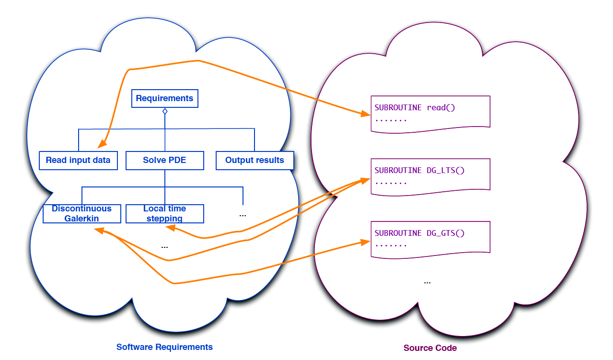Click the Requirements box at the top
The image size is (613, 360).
pos(164,98)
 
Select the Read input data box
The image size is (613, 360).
pos(78,160)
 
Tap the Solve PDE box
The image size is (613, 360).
pos(164,160)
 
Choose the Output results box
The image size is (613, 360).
pos(254,160)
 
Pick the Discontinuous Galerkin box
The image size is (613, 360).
pos(81,213)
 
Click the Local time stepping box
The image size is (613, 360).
pos(164,213)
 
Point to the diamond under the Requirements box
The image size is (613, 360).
pos(165,111)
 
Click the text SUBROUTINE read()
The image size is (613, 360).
pos(415,107)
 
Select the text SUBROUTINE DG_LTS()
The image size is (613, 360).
pos(419,170)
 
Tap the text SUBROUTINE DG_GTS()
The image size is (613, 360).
pos(419,233)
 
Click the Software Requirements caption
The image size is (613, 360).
pos(164,347)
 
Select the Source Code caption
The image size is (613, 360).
pos(430,348)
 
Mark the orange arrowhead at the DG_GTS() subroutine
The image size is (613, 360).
pos(365,243)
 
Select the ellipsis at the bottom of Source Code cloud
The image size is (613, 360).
pos(427,282)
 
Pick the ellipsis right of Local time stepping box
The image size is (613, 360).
pos(243,215)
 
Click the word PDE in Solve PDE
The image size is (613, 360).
pos(177,160)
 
